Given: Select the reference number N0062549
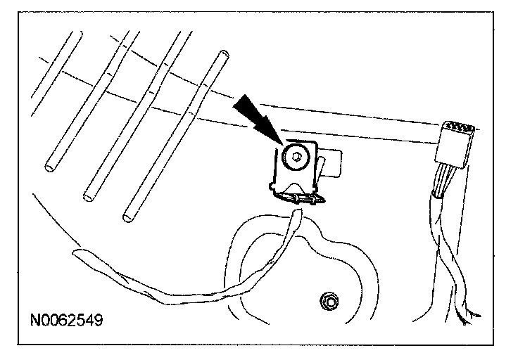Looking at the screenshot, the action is pyautogui.click(x=67, y=321).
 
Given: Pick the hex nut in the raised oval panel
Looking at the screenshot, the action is pyautogui.click(x=327, y=302).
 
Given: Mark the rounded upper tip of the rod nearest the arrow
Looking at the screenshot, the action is pyautogui.click(x=224, y=53).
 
